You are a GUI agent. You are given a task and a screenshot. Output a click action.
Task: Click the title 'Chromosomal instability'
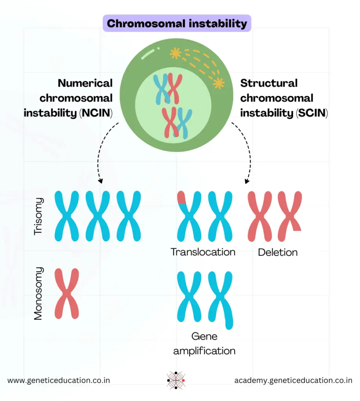pyautogui.click(x=177, y=23)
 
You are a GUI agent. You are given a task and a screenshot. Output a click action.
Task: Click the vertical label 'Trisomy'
pyautogui.click(x=38, y=216)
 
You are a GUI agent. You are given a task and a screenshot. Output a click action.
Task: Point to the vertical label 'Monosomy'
pyautogui.click(x=38, y=294)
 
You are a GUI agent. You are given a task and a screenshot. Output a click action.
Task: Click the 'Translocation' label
pyautogui.click(x=203, y=252)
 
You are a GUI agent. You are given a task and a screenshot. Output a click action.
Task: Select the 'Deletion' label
pyautogui.click(x=278, y=253)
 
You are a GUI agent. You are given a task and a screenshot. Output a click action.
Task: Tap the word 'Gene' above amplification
pyautogui.click(x=204, y=336)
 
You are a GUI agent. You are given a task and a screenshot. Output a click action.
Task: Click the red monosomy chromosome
pyautogui.click(x=67, y=293)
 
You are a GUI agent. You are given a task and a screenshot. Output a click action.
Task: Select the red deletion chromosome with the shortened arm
pyautogui.click(x=290, y=215)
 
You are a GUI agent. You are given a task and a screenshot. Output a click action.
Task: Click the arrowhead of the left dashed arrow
pyautogui.click(x=101, y=181)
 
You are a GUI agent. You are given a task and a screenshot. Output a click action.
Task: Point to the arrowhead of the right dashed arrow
pyautogui.click(x=247, y=181)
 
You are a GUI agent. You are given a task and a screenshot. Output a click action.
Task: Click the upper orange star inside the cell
pyautogui.click(x=175, y=54)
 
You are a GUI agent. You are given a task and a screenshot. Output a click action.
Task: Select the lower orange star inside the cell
pyautogui.click(x=218, y=83)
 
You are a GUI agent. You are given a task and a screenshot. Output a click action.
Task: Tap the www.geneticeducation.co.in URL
pyautogui.click(x=59, y=380)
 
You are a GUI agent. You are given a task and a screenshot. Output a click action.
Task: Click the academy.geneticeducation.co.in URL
pyautogui.click(x=293, y=380)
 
